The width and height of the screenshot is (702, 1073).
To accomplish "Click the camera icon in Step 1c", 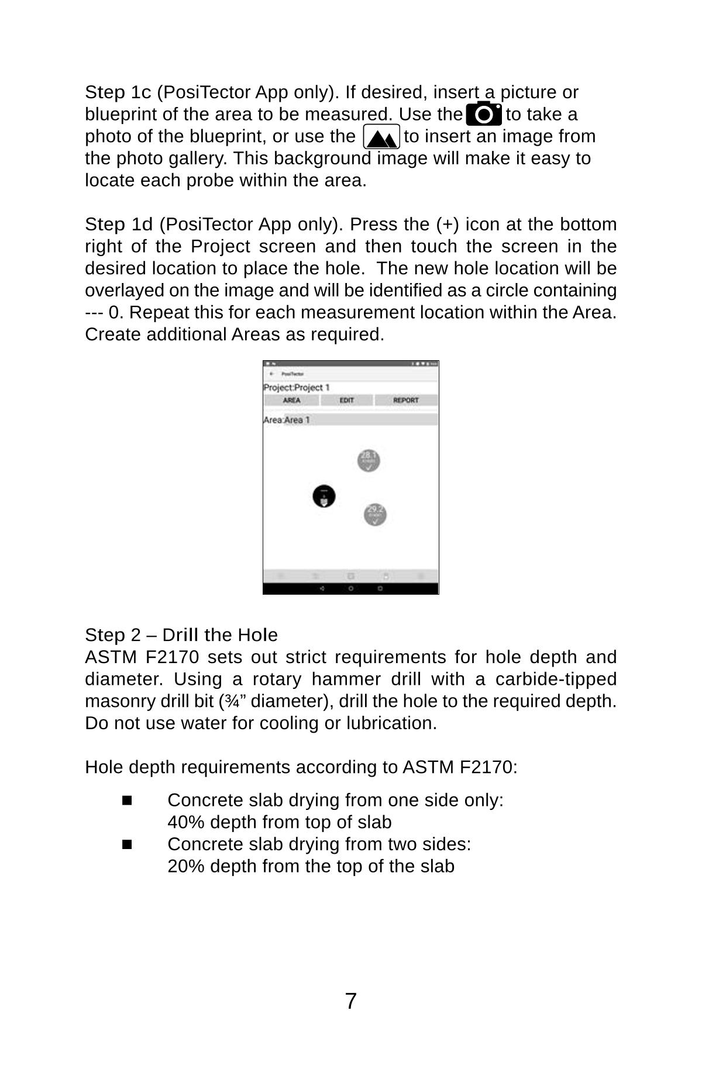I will (x=484, y=114).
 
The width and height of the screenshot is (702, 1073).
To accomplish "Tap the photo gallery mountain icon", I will (x=381, y=137).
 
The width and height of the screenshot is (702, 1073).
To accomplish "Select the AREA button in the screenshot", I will (x=291, y=401).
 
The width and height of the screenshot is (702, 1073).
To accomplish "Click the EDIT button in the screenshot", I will (x=347, y=401).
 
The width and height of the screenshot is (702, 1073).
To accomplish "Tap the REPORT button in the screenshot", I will (x=405, y=401).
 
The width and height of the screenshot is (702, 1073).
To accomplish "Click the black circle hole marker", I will (x=324, y=496).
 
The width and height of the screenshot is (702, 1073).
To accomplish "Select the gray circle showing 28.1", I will (x=369, y=461).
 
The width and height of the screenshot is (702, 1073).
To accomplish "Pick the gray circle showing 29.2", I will (x=375, y=515).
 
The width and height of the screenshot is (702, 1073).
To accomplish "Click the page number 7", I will (x=350, y=1001).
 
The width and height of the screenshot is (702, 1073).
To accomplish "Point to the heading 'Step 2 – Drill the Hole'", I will (x=181, y=635).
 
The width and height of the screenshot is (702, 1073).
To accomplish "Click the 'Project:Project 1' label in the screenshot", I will (x=297, y=388).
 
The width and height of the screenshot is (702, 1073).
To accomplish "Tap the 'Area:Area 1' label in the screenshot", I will (x=287, y=420).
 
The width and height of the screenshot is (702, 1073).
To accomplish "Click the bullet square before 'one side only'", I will (x=128, y=800).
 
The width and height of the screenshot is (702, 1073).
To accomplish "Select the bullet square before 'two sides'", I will (x=128, y=844).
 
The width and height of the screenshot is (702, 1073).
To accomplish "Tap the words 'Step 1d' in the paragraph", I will (x=119, y=225).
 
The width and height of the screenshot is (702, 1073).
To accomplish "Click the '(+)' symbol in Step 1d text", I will (x=448, y=225).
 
